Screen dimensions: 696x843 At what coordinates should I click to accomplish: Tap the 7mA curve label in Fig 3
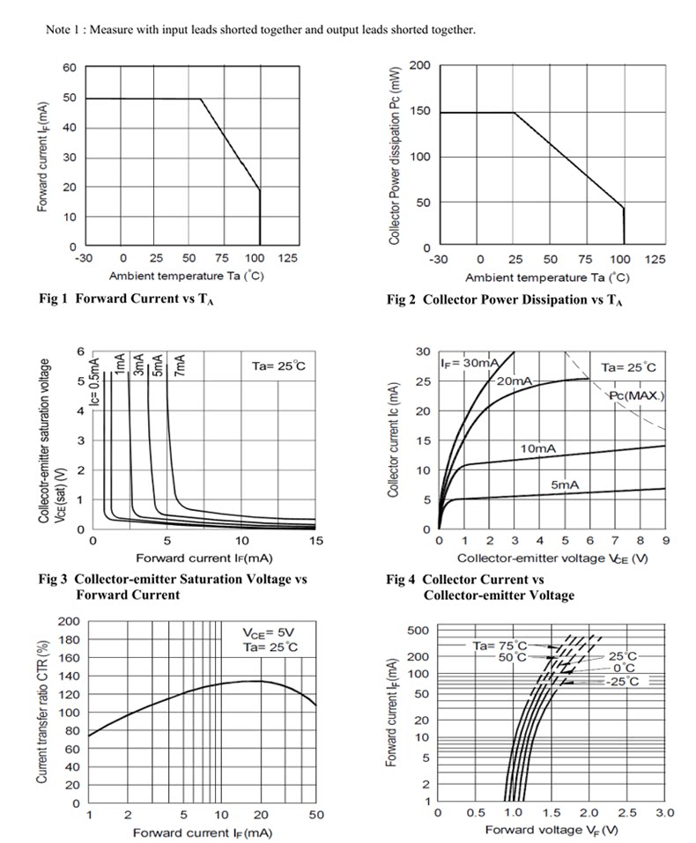click(181, 365)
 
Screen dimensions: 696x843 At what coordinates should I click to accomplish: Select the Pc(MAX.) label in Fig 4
click(637, 396)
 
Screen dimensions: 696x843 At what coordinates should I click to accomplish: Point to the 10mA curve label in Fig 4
click(538, 448)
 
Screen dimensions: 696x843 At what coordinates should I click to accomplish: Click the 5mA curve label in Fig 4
click(565, 485)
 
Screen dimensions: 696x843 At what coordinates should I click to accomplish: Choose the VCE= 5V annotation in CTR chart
click(269, 632)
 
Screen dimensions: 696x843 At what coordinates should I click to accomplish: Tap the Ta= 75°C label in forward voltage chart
click(500, 645)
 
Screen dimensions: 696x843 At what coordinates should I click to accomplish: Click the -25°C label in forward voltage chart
click(623, 682)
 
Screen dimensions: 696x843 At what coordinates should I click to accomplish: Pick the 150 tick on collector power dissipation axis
click(419, 111)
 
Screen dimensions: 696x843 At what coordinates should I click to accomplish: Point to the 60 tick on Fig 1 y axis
click(70, 68)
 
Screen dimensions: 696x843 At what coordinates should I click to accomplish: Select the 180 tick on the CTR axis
click(69, 640)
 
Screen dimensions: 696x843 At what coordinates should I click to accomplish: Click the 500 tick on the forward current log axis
click(418, 630)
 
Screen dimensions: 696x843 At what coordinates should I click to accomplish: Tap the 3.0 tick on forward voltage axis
click(665, 813)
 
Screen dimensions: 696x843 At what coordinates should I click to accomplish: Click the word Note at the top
click(57, 30)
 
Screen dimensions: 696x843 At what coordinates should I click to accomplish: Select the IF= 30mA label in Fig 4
click(469, 363)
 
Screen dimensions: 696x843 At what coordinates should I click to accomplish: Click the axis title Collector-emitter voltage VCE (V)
click(552, 558)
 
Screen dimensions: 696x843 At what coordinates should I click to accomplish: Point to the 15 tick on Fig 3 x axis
click(316, 540)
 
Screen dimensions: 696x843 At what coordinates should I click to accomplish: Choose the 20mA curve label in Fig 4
click(515, 381)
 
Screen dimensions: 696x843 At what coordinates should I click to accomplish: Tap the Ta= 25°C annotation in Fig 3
click(278, 366)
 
